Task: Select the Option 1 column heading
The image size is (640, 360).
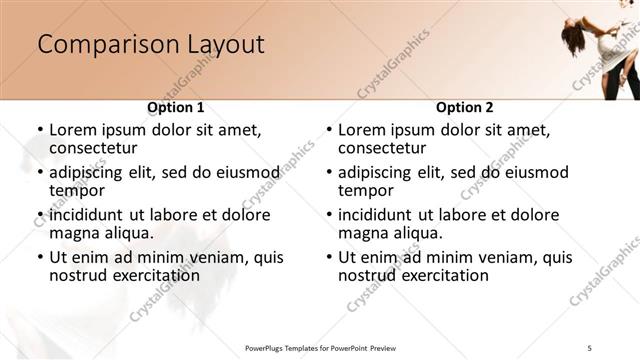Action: (176, 107)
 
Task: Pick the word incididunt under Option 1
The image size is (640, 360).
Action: (86, 215)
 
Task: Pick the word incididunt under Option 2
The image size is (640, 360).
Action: (375, 215)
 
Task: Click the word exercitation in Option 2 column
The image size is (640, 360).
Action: (443, 275)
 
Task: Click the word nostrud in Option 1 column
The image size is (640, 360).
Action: (77, 275)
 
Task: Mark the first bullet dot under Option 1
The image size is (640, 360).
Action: (39, 130)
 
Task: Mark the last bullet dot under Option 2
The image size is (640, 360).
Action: (329, 257)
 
